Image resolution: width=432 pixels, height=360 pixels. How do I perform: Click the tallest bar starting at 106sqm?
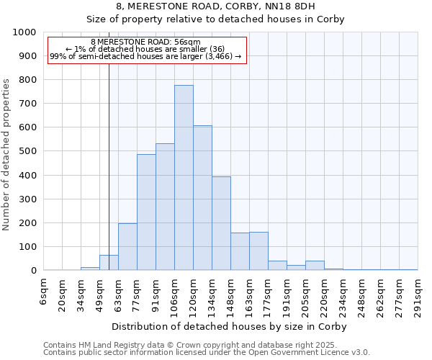coord(184,178)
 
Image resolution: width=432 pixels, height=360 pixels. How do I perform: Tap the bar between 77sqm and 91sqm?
coord(146,212)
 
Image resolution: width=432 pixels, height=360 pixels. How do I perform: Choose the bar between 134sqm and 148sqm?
coord(221,223)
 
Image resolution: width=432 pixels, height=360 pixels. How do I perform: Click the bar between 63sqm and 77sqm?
coord(127,247)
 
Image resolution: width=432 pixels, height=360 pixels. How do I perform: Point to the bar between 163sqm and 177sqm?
coord(258,251)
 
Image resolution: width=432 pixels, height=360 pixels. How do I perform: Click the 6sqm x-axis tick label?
coord(44,291)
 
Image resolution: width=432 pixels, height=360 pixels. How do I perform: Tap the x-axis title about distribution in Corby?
coord(230,327)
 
